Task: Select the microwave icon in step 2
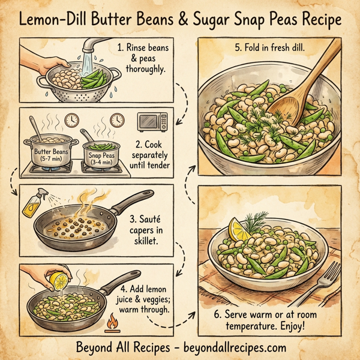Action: (149, 123)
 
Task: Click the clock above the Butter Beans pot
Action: (71, 119)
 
